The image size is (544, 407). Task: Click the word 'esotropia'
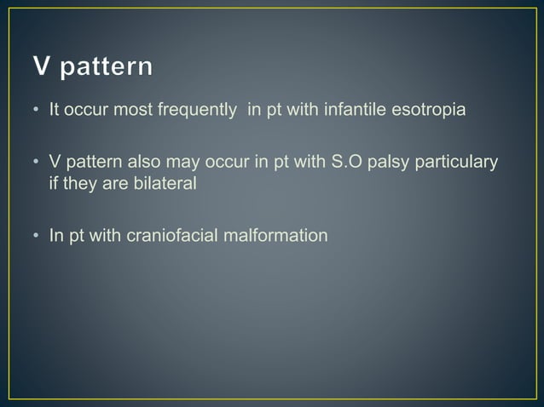click(x=431, y=114)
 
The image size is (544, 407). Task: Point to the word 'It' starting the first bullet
click(x=53, y=114)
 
